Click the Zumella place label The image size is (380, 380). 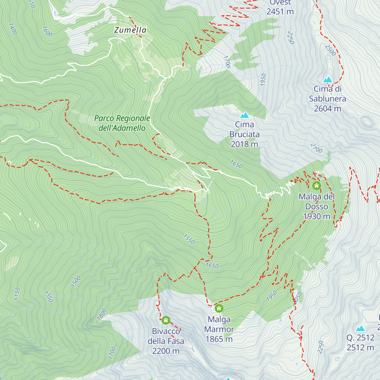tap(130, 30)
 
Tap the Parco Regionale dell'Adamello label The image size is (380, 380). tap(122, 123)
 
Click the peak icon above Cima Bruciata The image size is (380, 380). tap(244, 115)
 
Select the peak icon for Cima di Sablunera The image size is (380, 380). tap(327, 79)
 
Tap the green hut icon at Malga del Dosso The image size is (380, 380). tap(316, 186)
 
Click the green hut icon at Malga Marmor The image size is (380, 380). tap(219, 308)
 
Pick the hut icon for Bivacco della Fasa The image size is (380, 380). tap(166, 320)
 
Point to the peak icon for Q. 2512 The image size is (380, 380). tap(360, 328)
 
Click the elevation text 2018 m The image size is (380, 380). tap(244, 144)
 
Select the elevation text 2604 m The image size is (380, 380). tap(327, 109)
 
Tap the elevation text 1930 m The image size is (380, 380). tap(317, 216)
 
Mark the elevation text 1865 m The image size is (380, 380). tap(219, 339)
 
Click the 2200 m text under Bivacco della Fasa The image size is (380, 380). tap(166, 351)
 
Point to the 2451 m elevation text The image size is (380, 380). tap(280, 12)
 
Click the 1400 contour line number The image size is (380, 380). tap(13, 29)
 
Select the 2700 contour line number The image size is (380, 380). tap(316, 148)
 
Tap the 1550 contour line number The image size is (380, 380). tap(189, 239)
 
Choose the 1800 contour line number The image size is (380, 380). tap(102, 314)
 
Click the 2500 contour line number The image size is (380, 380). tap(330, 50)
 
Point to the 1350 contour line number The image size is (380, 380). tap(48, 297)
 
